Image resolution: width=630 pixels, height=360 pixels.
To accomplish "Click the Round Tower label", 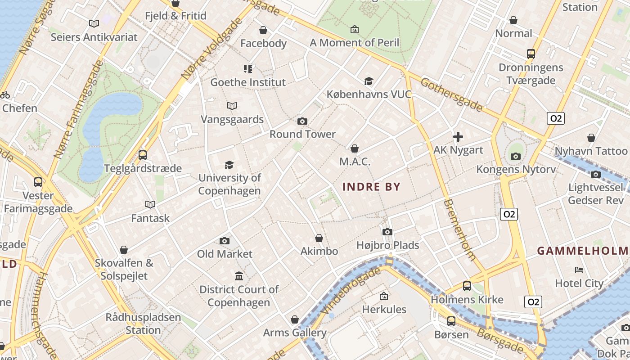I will (x=302, y=134).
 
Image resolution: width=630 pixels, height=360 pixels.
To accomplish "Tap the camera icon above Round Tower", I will (x=302, y=121).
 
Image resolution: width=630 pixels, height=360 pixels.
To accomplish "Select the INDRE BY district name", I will (x=371, y=187).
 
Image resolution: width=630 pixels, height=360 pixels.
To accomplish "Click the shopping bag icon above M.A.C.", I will (x=355, y=148).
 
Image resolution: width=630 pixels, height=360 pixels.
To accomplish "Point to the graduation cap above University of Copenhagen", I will (x=229, y=165).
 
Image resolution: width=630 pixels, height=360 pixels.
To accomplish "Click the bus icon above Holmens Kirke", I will (x=467, y=286).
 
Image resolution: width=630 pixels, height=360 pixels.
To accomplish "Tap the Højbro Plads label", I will (x=387, y=245).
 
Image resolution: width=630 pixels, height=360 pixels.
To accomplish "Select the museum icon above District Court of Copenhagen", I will (x=239, y=276).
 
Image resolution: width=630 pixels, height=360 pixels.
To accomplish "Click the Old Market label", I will (x=225, y=254).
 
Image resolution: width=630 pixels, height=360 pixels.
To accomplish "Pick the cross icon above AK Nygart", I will (x=458, y=137).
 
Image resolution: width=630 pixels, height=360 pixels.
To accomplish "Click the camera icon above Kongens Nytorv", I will (x=516, y=156).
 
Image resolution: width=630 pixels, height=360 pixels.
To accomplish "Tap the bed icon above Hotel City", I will (x=579, y=270).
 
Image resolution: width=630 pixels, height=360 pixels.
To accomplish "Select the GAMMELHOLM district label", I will (x=583, y=251).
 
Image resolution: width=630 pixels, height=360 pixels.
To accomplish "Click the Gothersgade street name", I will (x=452, y=95).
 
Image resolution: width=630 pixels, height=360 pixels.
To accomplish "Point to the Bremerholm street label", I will (x=459, y=230).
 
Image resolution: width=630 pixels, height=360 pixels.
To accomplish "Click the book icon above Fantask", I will (x=150, y=205).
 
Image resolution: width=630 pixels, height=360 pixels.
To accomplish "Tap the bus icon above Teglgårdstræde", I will (x=143, y=155).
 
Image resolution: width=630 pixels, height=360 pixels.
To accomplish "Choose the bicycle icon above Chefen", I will (x=5, y=95).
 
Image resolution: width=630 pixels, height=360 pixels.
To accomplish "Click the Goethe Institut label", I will (x=248, y=82).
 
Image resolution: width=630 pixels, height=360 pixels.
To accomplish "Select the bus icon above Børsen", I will (x=451, y=321).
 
